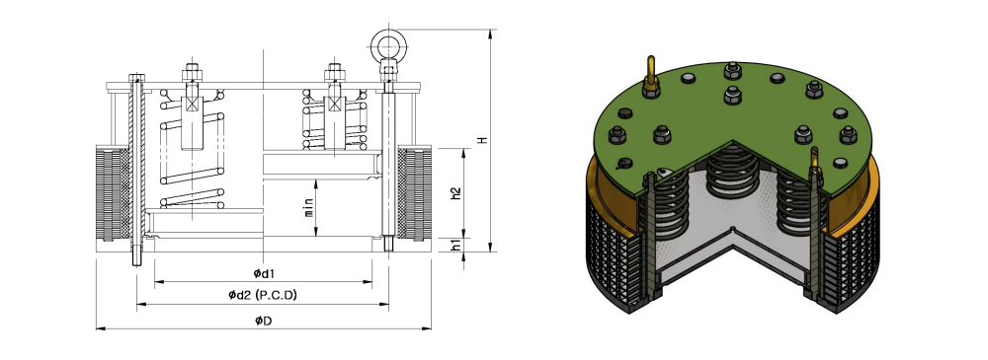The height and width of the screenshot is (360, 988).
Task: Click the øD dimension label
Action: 264,321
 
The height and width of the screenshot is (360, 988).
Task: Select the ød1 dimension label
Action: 264,273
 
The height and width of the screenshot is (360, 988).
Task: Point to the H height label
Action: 483,140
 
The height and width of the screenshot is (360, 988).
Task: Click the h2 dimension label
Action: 456,193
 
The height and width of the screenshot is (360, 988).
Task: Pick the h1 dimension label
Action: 456,245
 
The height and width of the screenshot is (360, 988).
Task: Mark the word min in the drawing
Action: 308,207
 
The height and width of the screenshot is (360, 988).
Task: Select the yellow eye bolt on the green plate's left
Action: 650,77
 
